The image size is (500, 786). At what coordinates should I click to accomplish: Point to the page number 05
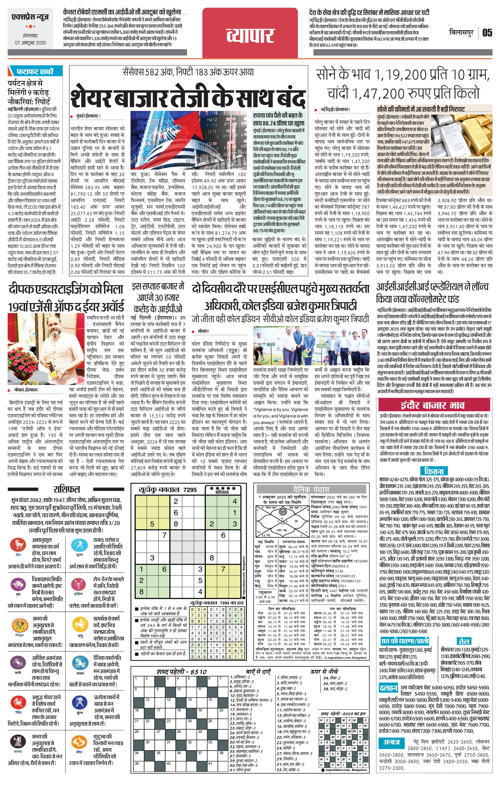[487, 33]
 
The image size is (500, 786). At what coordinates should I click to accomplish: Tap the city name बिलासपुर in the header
[461, 33]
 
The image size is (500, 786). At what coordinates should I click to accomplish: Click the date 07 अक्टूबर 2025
[30, 43]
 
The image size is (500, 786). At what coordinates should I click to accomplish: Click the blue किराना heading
[434, 471]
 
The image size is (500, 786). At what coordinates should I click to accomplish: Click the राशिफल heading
[66, 489]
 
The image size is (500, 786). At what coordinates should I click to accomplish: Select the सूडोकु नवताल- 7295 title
[168, 489]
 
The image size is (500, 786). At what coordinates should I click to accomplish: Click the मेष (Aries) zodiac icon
[18, 544]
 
